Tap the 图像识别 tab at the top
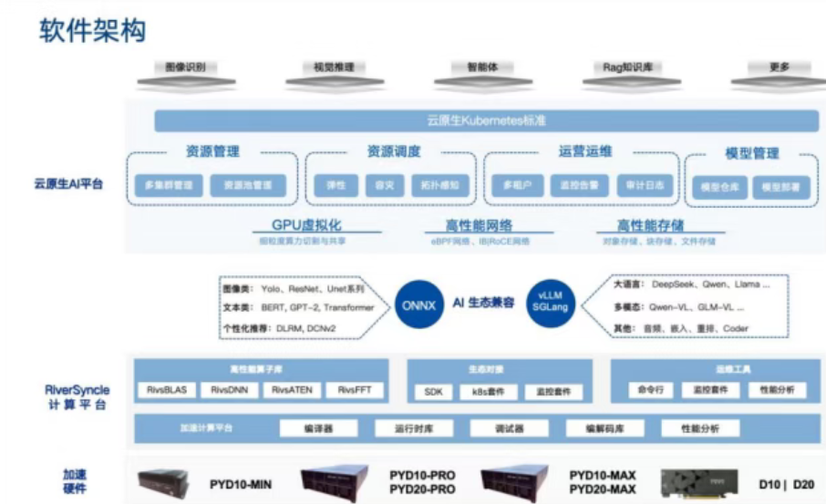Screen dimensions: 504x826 pyautogui.click(x=184, y=68)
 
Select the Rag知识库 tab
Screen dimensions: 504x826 pyautogui.click(x=628, y=68)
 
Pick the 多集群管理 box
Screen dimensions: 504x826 pyautogui.click(x=169, y=185)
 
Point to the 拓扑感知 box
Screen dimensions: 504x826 pyautogui.click(x=440, y=185)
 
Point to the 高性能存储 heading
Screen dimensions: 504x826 pyautogui.click(x=650, y=226)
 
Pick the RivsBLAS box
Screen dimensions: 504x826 pyautogui.click(x=166, y=390)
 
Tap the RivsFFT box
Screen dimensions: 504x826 pyautogui.click(x=354, y=390)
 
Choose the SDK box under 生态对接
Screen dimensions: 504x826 pyautogui.click(x=432, y=392)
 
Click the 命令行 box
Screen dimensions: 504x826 pyautogui.click(x=652, y=390)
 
